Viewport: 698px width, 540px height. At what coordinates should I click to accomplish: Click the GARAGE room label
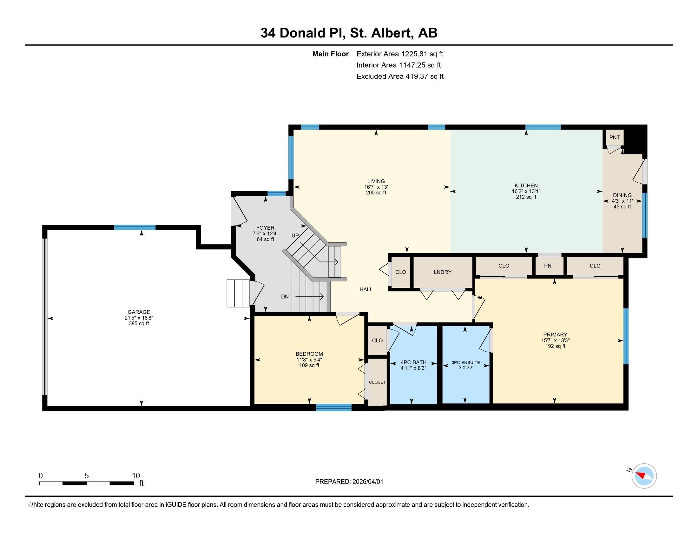click(x=139, y=312)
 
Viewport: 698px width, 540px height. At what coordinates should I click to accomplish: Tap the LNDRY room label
click(x=442, y=272)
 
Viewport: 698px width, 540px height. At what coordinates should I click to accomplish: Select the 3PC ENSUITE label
click(x=466, y=362)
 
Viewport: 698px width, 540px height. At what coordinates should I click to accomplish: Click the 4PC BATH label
click(x=413, y=362)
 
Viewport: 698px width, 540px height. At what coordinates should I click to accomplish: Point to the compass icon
click(x=644, y=476)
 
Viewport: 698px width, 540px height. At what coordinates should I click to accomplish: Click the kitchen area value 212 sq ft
click(x=526, y=197)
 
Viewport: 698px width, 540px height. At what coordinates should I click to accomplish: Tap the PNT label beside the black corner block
click(x=614, y=138)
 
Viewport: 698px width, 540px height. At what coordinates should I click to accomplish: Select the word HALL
click(x=366, y=289)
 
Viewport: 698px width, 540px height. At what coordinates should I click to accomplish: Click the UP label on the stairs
click(x=295, y=236)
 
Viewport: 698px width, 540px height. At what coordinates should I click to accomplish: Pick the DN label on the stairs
click(x=285, y=297)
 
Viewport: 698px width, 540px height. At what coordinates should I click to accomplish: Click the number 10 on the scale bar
click(x=136, y=476)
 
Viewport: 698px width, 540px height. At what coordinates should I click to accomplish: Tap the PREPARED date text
click(x=349, y=482)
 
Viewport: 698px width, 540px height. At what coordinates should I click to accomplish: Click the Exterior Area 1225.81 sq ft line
click(x=399, y=54)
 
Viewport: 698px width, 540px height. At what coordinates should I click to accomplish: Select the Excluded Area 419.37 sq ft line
click(x=400, y=77)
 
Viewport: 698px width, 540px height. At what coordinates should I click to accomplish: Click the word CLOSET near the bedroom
click(x=377, y=382)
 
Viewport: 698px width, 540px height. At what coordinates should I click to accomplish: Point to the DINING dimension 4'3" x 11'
click(x=622, y=201)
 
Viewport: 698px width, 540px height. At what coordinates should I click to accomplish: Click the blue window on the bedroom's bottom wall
click(x=334, y=407)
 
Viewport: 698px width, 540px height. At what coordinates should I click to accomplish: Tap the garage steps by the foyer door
click(x=238, y=294)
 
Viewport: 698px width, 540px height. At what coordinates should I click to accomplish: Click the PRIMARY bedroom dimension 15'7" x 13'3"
click(x=555, y=341)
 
